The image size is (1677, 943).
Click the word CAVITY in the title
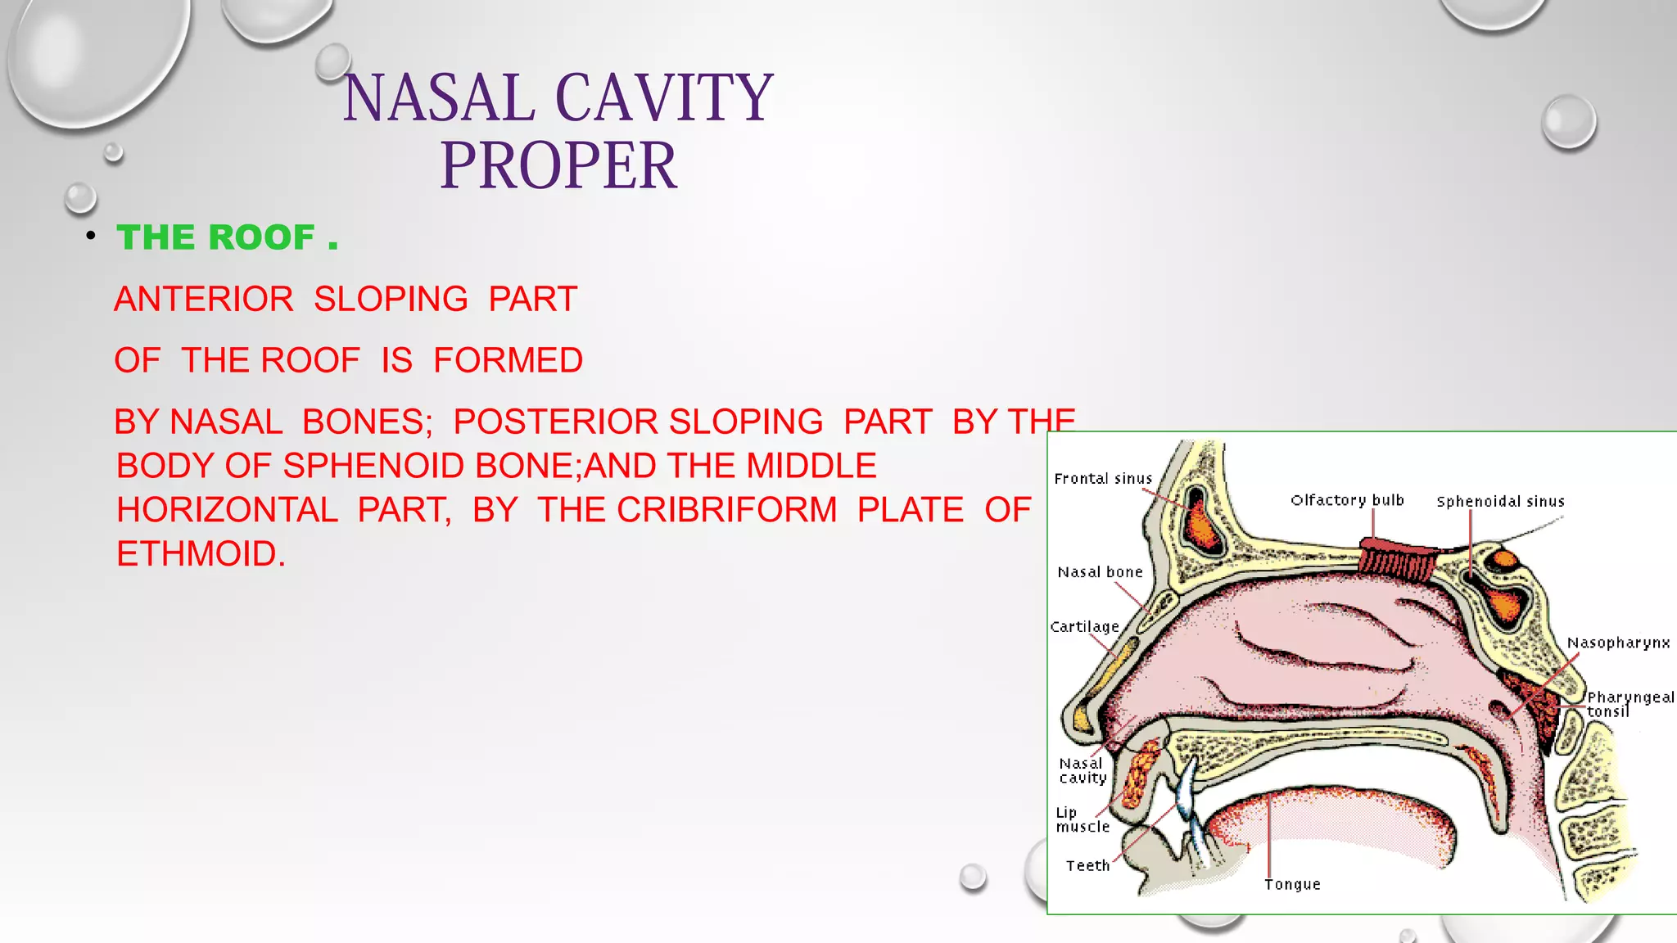tap(664, 98)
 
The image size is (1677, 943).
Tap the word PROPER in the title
tap(558, 166)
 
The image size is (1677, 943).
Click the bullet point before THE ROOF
tap(91, 237)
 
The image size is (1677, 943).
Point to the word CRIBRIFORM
tap(726, 510)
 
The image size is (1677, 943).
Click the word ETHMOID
tap(201, 554)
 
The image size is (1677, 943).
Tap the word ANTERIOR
tap(204, 299)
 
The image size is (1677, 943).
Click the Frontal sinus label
tap(1102, 478)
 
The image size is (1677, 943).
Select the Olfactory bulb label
tap(1347, 499)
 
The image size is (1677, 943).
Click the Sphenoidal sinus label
tap(1500, 501)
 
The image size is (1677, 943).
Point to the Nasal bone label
tap(1100, 572)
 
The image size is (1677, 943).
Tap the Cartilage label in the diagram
tap(1084, 627)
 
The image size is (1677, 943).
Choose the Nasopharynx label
tap(1618, 643)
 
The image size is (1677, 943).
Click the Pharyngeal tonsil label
tap(1629, 704)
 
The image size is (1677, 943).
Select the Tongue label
tap(1292, 884)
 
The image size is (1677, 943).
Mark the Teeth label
tap(1087, 865)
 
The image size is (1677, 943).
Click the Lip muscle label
tap(1082, 819)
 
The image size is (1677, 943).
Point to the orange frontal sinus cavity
tap(1202, 524)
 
